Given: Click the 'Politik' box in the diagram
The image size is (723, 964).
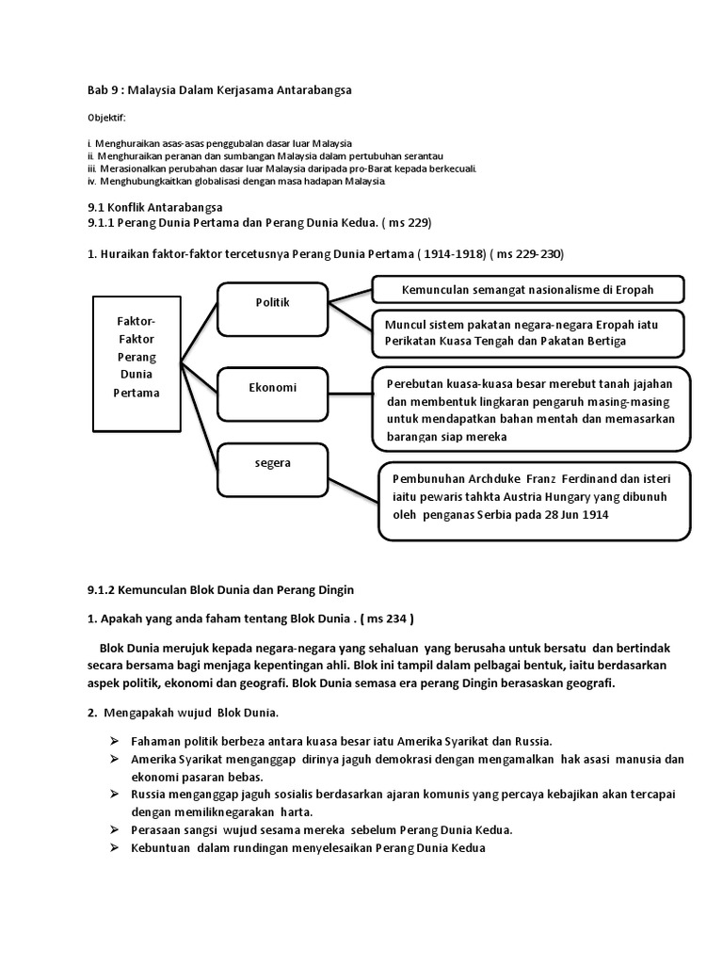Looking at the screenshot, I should [x=271, y=303].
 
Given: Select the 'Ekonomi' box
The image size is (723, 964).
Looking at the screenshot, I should [x=271, y=387].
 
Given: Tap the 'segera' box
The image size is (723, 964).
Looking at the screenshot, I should [x=271, y=463].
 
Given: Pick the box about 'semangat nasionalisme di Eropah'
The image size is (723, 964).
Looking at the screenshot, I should [x=528, y=289].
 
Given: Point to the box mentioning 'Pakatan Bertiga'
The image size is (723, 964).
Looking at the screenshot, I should [x=528, y=332].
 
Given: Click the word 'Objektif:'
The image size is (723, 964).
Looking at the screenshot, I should [x=105, y=118].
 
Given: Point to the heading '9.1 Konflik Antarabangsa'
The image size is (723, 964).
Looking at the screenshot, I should [x=151, y=206].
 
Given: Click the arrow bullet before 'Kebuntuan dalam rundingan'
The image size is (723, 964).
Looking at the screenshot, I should [x=114, y=848].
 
